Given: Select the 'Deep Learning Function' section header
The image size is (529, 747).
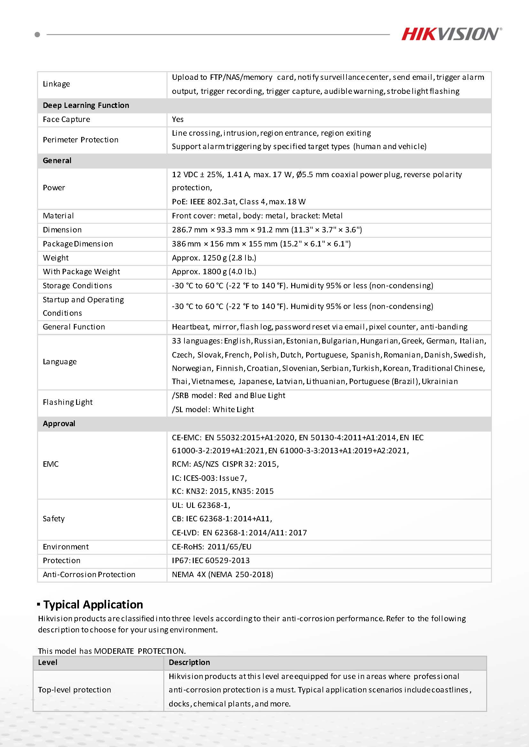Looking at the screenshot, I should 86,105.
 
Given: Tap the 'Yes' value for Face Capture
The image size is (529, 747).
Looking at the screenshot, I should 178,119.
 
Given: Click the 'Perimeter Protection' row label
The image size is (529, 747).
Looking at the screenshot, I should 81,140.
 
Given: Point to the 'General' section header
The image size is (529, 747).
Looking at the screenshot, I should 57,161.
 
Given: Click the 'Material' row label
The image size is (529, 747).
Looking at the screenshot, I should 58,216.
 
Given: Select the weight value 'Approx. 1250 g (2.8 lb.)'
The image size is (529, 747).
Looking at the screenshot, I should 214,258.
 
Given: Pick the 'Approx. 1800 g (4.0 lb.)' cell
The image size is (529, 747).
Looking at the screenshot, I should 214,272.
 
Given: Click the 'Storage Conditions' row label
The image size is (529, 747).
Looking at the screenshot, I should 77,286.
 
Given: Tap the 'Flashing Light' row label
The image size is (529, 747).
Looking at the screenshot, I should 68,403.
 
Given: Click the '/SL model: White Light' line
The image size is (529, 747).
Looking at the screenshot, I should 213,410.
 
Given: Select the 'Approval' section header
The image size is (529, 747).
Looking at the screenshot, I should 59,424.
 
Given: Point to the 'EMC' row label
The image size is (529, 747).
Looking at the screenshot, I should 51,464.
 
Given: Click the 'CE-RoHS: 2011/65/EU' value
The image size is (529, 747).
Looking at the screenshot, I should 212,547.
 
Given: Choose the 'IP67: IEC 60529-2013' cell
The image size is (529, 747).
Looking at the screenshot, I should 211,561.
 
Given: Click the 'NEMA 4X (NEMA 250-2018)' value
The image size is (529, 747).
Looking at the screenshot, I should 222,575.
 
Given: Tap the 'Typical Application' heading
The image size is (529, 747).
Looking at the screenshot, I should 93,605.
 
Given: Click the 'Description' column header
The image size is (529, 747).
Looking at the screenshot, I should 189,662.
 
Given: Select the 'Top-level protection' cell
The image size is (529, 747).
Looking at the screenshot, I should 74,690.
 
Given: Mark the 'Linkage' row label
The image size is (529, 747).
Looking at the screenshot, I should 56,84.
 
